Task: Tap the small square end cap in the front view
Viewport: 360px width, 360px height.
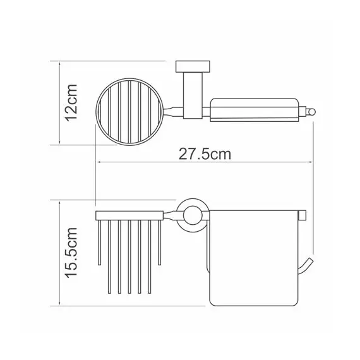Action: (303, 215)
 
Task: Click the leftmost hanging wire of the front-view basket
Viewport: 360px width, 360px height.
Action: (98, 243)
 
